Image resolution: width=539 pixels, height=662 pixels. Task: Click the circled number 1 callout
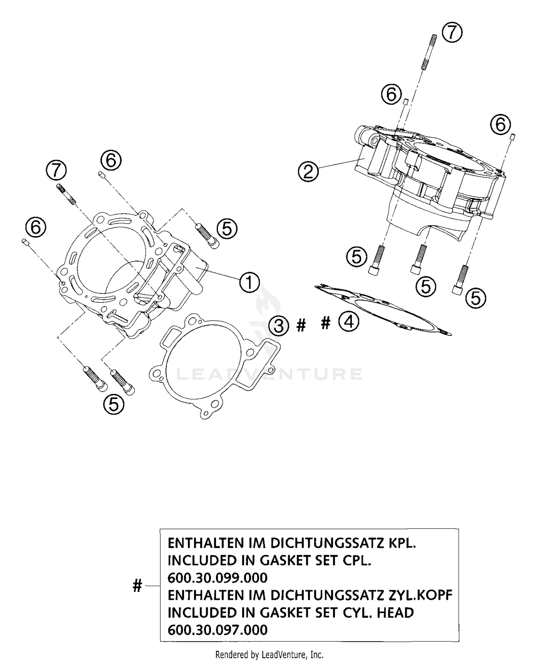(249, 282)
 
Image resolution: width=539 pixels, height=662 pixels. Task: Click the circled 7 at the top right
(452, 33)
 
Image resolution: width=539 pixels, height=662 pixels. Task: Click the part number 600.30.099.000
(218, 578)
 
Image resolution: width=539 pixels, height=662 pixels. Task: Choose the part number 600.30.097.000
(218, 630)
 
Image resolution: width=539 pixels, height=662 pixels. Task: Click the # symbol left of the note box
(137, 586)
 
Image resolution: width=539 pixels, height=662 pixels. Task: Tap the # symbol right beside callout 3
(301, 326)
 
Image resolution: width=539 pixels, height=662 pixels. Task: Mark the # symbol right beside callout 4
(325, 322)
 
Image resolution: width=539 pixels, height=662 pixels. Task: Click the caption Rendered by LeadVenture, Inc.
(269, 655)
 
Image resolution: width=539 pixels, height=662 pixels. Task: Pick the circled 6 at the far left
(36, 227)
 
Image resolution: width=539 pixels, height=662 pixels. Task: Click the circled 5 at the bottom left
(114, 405)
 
